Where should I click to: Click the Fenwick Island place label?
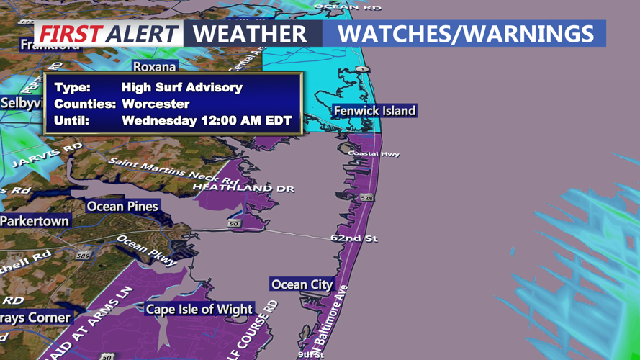(x=374, y=111)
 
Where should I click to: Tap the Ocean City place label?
(x=302, y=284)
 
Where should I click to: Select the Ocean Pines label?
(x=122, y=207)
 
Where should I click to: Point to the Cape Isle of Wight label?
(x=199, y=310)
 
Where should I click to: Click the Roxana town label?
(x=154, y=67)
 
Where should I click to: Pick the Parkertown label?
(x=34, y=221)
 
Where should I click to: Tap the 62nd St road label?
(x=353, y=238)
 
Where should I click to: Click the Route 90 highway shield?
(x=234, y=224)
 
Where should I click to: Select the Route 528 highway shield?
(x=367, y=197)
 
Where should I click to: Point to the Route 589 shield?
(x=84, y=256)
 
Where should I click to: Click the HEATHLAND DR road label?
(x=243, y=188)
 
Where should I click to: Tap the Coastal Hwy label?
(x=373, y=153)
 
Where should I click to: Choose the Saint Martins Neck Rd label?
(x=173, y=170)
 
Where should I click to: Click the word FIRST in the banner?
(x=70, y=34)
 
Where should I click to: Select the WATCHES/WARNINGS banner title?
(x=465, y=33)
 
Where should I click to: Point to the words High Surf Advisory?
(x=182, y=88)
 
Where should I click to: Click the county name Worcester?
(x=156, y=104)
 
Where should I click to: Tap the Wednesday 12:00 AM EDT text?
(x=207, y=120)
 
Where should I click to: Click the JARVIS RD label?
(x=47, y=156)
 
